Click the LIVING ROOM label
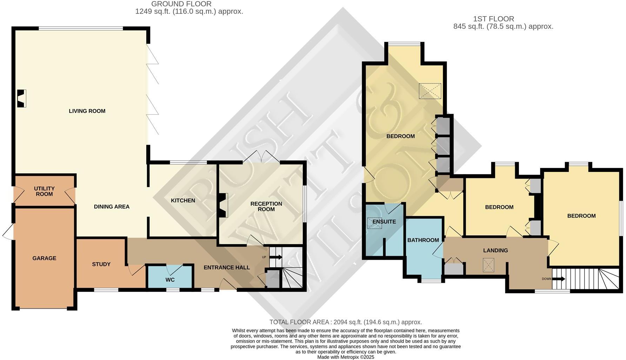tap(87, 111)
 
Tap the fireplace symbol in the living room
tap(22, 99)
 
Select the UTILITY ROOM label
tap(44, 191)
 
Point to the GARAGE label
tap(44, 258)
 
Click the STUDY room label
tap(101, 264)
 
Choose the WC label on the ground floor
tap(170, 280)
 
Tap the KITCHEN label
tap(183, 201)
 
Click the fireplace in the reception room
tap(222, 205)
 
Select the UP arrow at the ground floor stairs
tap(276, 257)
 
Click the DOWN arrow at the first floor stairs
tap(558, 279)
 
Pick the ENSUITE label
tap(384, 222)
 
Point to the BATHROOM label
tap(423, 240)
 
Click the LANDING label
tap(495, 251)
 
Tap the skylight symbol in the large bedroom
tap(430, 91)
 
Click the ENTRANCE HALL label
tap(227, 267)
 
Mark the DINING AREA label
tap(112, 207)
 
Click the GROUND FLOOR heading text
tap(181, 4)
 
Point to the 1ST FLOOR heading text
tap(493, 19)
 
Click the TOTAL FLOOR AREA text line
tap(345, 322)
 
